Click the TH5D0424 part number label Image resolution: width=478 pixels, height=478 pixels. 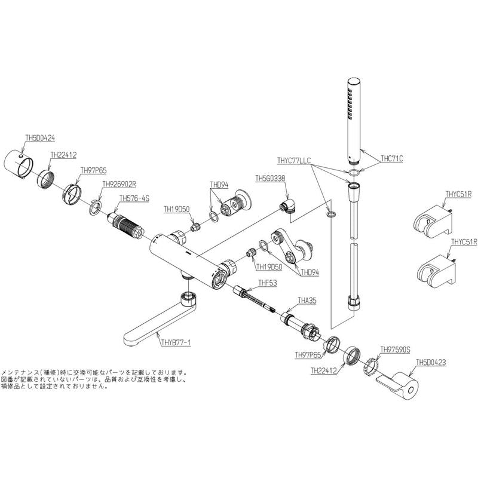click(39, 137)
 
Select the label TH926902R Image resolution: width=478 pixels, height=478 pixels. click(119, 185)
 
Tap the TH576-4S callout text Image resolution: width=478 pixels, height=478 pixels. click(134, 198)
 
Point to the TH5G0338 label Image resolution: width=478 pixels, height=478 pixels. click(270, 178)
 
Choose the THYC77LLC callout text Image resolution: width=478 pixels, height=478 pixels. click(294, 161)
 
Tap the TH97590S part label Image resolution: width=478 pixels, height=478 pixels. click(396, 351)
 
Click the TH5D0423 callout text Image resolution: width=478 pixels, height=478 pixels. click(431, 362)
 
